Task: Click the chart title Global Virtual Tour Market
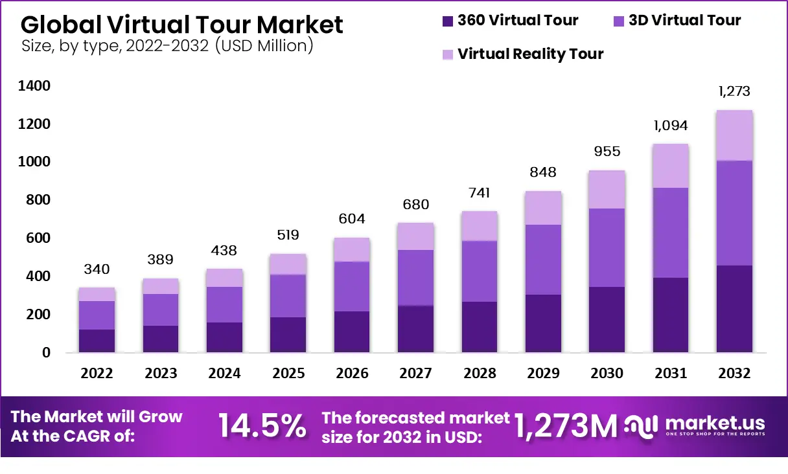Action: pyautogui.click(x=182, y=25)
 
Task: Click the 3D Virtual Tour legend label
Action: pyautogui.click(x=684, y=20)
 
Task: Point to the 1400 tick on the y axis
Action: pyautogui.click(x=35, y=86)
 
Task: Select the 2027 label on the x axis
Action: pyautogui.click(x=415, y=374)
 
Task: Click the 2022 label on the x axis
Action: pyautogui.click(x=97, y=374)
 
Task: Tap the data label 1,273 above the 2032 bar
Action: pyautogui.click(x=735, y=91)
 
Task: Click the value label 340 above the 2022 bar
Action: pyautogui.click(x=97, y=269)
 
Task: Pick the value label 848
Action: pyautogui.click(x=543, y=172)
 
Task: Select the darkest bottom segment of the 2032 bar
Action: pyautogui.click(x=735, y=309)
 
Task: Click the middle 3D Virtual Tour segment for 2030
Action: pyautogui.click(x=607, y=247)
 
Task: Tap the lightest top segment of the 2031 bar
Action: pyautogui.click(x=671, y=166)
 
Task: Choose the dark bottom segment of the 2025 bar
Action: pyautogui.click(x=288, y=335)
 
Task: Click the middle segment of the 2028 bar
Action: pyautogui.click(x=480, y=271)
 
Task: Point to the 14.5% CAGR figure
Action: pyautogui.click(x=262, y=426)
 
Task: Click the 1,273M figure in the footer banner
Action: pyautogui.click(x=565, y=426)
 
